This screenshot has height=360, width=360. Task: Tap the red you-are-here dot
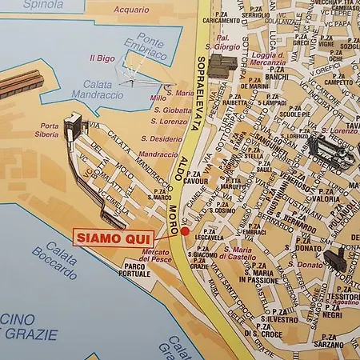point(185,231)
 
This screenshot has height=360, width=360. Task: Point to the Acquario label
point(132,10)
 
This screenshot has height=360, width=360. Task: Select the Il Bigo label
point(102,58)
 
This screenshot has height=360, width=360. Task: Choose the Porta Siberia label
point(49,130)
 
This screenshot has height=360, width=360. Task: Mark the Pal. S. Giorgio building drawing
point(222,65)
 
